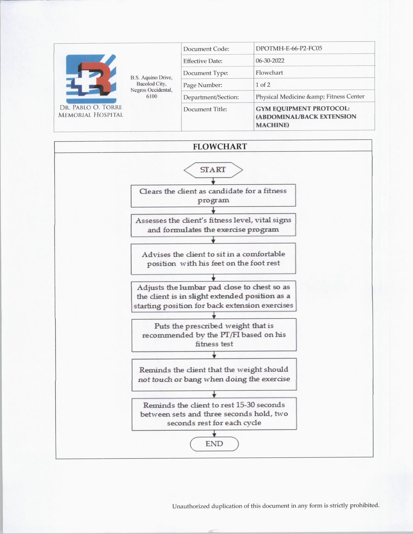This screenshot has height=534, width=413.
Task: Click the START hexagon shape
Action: point(213,170)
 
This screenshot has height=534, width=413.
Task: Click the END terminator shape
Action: point(214,444)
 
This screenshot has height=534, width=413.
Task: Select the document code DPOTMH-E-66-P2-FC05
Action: point(289,49)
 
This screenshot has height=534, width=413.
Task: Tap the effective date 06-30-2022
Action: point(270,61)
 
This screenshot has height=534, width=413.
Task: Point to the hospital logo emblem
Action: point(91,79)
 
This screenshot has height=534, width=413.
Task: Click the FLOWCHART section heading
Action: point(220,147)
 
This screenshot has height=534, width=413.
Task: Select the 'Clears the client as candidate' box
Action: point(213,195)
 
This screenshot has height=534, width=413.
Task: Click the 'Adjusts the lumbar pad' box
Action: point(213,296)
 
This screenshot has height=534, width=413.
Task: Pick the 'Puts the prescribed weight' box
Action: point(214,335)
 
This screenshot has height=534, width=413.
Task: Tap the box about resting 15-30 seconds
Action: point(214,414)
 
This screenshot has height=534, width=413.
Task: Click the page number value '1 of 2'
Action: point(263,85)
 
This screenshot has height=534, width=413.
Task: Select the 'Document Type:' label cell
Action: point(206,73)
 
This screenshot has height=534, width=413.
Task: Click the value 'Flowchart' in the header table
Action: point(269,73)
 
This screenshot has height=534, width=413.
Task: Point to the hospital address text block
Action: point(151,87)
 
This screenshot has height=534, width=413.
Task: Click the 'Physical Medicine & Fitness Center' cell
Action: point(310,97)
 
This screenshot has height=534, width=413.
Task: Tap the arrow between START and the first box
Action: point(213,182)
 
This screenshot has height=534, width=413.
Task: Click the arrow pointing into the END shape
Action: point(214,434)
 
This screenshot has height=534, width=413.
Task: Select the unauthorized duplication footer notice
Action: point(276,506)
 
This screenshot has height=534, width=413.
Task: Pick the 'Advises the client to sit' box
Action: point(213,259)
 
